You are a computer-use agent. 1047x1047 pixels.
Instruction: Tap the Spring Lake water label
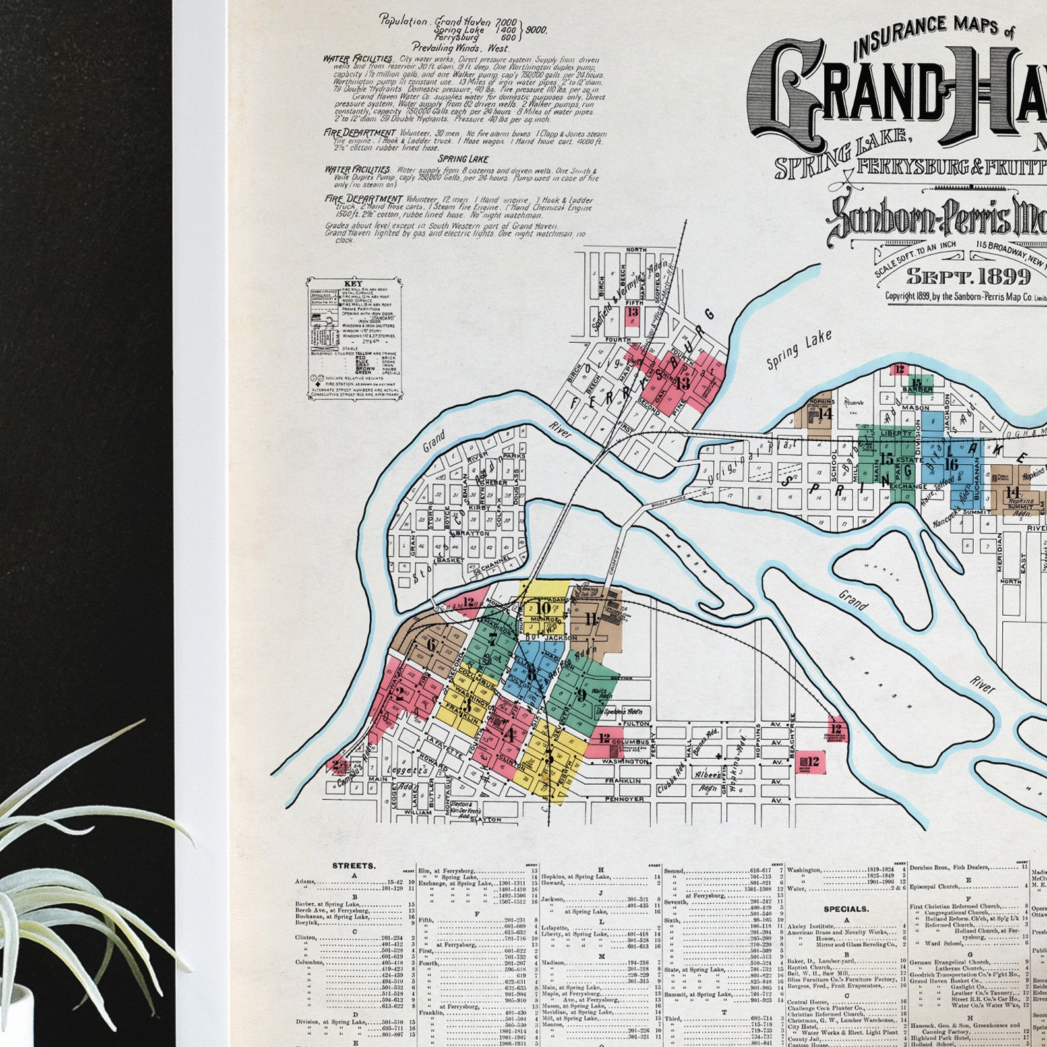[798, 350]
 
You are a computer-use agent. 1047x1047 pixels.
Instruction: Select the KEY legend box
[353, 338]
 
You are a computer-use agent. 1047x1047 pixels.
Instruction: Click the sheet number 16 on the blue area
[950, 464]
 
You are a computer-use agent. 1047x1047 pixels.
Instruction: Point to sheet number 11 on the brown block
[590, 618]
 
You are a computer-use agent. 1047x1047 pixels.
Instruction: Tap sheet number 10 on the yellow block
[543, 608]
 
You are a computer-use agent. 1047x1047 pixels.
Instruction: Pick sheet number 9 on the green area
[581, 694]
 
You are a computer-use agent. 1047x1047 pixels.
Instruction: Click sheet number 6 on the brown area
[431, 645]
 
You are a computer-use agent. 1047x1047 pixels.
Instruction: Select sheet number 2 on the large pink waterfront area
[399, 693]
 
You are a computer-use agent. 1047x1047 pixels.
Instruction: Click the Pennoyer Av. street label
[625, 799]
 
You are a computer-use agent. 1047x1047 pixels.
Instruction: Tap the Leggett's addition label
[409, 770]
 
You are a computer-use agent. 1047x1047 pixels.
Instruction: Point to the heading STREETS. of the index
[354, 866]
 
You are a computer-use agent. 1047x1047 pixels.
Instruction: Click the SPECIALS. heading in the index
[846, 909]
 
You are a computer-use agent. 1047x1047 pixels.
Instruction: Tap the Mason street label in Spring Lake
[915, 408]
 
